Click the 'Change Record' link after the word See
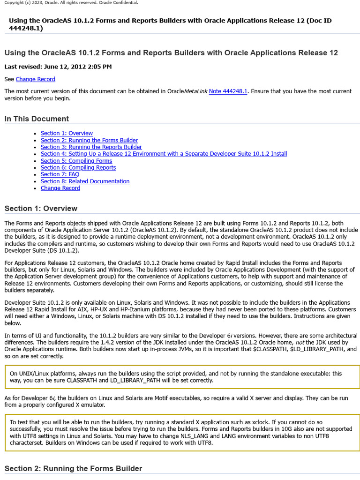tap(35, 79)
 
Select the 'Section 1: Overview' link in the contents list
tap(67, 133)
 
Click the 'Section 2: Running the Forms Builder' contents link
tap(89, 140)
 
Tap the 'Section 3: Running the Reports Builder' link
tap(91, 147)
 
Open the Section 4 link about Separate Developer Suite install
tap(164, 154)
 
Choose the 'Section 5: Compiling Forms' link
tap(76, 161)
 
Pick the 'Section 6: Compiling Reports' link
tap(78, 167)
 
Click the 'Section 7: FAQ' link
tap(60, 174)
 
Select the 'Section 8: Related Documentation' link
tap(85, 181)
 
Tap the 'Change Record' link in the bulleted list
tap(60, 188)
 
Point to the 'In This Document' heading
tap(37, 119)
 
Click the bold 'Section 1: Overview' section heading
tap(41, 208)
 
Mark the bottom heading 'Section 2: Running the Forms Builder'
tap(73, 468)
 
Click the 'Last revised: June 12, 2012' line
tap(58, 67)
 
